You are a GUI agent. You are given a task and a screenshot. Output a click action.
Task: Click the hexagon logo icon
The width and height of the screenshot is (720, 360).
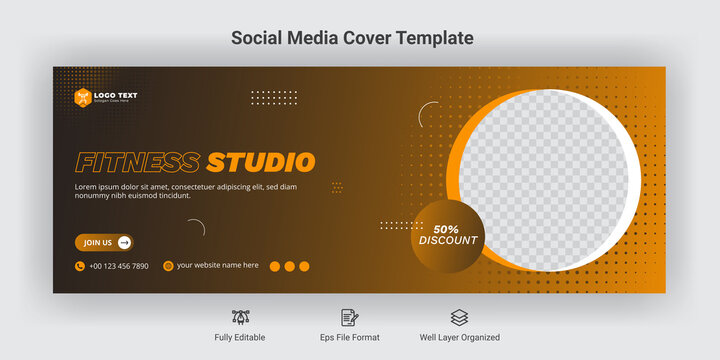(x=82, y=97)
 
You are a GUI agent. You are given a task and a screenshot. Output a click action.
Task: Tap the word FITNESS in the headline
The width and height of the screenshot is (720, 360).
(x=138, y=162)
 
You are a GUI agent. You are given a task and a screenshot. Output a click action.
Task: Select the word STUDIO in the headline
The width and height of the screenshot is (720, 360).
(x=261, y=162)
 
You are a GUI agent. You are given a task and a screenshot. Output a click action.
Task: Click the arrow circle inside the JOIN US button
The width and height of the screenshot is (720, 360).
(x=124, y=242)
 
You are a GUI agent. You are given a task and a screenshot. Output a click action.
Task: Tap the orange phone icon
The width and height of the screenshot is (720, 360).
(x=80, y=266)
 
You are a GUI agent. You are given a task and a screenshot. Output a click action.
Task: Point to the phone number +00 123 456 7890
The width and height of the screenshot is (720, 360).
(x=119, y=266)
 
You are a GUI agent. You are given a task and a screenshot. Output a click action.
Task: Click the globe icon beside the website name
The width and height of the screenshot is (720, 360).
(x=168, y=266)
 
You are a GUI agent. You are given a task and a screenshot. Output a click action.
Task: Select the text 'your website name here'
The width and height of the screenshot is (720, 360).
(x=217, y=266)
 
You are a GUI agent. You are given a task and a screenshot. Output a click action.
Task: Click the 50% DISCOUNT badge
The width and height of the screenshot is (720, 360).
(x=448, y=236)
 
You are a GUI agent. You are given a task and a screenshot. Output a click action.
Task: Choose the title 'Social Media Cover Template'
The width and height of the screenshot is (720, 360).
(x=352, y=38)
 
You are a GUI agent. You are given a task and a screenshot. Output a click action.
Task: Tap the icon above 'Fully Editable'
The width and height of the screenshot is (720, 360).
(x=240, y=317)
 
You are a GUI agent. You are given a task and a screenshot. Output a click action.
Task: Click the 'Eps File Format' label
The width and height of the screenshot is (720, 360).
(x=350, y=338)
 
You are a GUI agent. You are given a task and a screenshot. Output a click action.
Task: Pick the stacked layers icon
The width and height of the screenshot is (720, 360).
(x=459, y=317)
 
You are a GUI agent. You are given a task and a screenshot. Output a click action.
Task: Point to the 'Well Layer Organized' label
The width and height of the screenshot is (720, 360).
(x=460, y=338)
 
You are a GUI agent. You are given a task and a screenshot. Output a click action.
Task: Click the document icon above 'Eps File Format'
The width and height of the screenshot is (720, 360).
(x=350, y=317)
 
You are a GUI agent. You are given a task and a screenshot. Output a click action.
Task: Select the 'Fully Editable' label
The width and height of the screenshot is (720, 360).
(x=240, y=338)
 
